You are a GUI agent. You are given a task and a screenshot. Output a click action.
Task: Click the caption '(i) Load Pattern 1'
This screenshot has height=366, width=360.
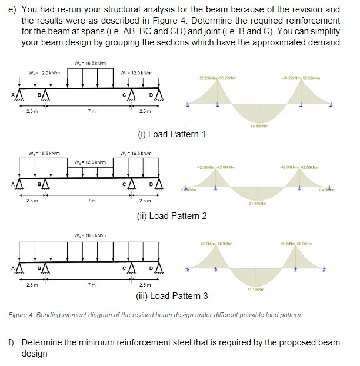[171, 134]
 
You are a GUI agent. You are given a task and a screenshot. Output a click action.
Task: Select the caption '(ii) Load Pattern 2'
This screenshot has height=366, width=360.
[171, 216]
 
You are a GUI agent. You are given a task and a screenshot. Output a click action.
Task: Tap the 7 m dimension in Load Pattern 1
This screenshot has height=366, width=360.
[89, 112]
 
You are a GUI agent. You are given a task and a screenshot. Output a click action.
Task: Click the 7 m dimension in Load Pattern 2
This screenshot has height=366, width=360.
[89, 199]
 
